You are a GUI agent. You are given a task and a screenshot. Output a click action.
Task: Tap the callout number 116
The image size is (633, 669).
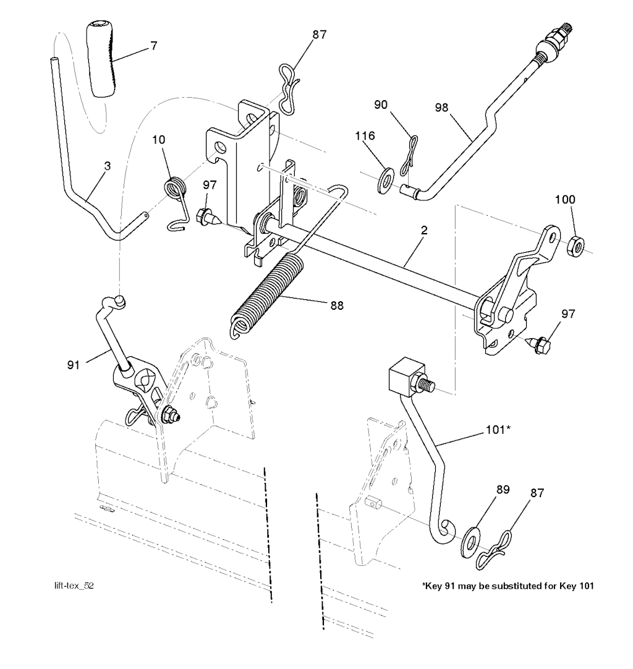tap(365, 135)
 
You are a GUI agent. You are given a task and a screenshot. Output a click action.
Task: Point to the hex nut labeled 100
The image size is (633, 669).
tap(576, 245)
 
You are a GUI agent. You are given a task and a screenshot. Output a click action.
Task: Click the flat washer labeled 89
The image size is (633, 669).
tap(472, 543)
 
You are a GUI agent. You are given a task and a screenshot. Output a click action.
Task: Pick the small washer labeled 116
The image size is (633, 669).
tap(386, 181)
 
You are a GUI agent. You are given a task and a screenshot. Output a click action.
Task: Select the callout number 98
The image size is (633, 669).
tap(441, 107)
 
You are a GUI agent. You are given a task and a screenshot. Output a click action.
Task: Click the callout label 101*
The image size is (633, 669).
tap(498, 430)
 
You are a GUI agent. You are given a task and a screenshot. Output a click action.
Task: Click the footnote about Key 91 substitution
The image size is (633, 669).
tap(508, 586)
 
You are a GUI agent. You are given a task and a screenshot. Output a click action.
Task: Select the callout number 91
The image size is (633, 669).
tap(74, 365)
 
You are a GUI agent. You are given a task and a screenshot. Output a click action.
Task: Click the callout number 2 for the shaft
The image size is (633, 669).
tap(423, 231)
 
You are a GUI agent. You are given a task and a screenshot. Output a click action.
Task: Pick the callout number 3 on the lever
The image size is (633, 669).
tap(108, 166)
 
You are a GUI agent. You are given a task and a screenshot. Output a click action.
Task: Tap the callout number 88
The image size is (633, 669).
tap(337, 305)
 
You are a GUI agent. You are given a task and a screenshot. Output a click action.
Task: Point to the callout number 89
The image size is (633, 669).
tap(503, 489)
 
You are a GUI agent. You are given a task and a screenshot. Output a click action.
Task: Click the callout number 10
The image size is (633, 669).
tap(159, 140)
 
